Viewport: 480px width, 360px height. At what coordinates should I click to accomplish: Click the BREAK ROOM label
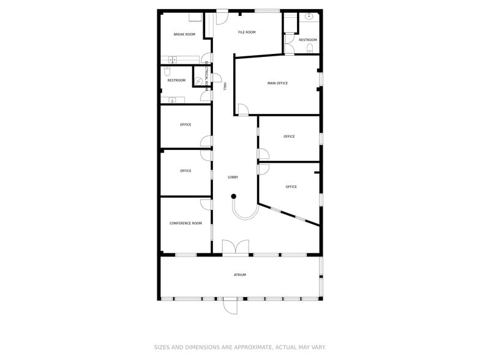184,34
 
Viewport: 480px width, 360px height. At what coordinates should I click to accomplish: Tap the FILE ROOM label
247,32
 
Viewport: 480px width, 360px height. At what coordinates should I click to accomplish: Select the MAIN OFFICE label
277,83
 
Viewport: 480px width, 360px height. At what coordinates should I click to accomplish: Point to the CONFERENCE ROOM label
186,223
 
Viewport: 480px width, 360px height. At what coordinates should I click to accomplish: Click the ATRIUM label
240,275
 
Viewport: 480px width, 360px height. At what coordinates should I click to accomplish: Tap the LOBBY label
233,177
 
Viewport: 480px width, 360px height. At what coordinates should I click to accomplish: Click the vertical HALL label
225,87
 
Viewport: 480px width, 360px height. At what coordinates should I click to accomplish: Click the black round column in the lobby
233,197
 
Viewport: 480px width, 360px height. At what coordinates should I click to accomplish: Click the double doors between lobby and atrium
236,247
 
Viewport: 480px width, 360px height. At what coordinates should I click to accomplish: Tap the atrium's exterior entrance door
230,305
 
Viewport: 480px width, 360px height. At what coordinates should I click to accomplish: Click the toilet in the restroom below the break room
167,72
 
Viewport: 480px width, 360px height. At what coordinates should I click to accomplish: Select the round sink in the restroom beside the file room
310,17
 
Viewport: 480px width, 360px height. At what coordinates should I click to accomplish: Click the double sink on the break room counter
173,59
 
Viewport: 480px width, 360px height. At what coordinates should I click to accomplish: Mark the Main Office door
243,110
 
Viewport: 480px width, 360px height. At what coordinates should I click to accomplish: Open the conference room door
207,204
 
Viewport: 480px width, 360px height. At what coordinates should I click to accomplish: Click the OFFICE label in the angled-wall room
291,187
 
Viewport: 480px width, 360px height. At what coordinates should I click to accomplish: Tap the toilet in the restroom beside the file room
310,47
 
